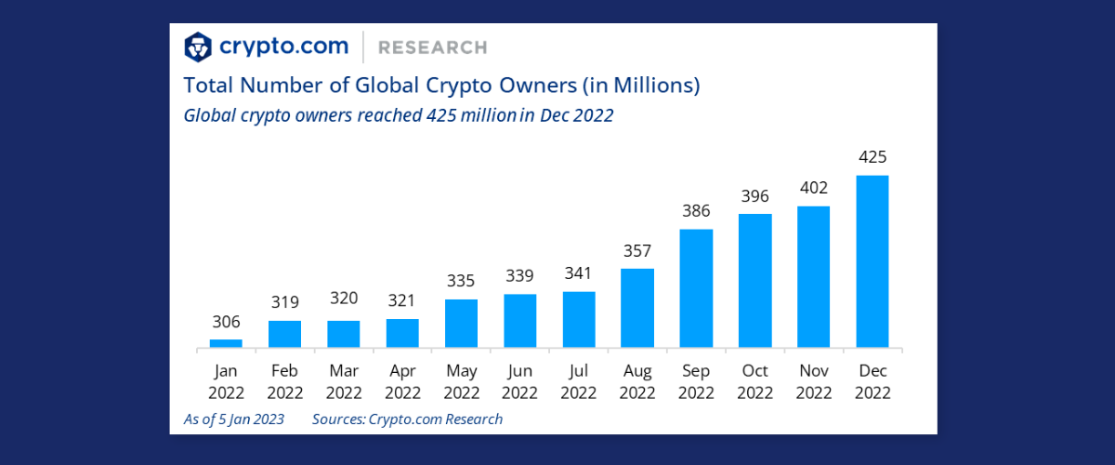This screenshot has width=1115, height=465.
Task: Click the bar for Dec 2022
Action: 872,261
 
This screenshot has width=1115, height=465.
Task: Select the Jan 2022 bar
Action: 226,343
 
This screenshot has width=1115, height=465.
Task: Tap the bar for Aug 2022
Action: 637,308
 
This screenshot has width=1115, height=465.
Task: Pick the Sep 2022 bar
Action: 696,288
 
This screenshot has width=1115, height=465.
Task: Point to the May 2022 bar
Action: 461,324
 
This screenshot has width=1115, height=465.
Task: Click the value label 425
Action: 872,157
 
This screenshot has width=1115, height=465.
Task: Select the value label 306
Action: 226,322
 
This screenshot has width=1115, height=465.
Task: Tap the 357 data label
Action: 637,251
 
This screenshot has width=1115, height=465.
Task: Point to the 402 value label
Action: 814,188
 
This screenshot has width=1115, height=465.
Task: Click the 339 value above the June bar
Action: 519,275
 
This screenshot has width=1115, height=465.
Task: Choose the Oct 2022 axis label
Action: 754,382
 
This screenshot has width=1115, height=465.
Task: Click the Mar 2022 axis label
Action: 344,382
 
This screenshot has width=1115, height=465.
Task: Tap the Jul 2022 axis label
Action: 578,382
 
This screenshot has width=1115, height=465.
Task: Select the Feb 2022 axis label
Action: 284,382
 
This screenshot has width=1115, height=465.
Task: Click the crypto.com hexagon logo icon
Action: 198,46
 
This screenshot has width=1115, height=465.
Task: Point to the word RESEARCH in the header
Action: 433,47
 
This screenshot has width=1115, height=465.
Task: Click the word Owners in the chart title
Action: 538,86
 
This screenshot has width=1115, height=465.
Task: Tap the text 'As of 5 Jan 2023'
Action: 234,419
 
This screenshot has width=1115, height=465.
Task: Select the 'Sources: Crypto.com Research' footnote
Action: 407,419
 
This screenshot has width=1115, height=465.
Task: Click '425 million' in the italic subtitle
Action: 471,115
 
